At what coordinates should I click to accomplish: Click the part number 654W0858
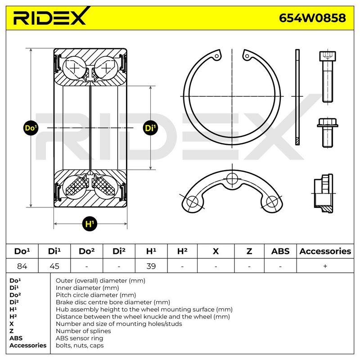coord(312,18)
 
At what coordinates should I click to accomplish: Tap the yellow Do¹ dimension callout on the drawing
coord(31,128)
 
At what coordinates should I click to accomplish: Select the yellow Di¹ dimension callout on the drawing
coord(150,128)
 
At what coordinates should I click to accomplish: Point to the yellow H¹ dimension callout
coord(90,224)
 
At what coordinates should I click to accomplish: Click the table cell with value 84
coord(22,266)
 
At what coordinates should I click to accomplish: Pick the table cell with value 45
coord(54,266)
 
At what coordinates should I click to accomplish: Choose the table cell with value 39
coord(151,266)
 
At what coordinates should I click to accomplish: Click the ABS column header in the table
coord(280,251)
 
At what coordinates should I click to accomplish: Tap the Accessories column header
coord(325,251)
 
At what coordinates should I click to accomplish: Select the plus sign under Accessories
coord(325,266)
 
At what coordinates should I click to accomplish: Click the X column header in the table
coord(216,251)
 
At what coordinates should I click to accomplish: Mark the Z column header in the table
coord(249,251)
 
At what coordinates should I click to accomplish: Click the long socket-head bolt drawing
coord(328,76)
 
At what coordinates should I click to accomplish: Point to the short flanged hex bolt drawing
coord(328,132)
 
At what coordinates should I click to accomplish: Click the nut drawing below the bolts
coord(324,193)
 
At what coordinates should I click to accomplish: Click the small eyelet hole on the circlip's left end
coord(217,56)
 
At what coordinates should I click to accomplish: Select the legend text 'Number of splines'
coord(83,331)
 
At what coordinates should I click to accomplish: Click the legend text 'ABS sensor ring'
coord(79,338)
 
